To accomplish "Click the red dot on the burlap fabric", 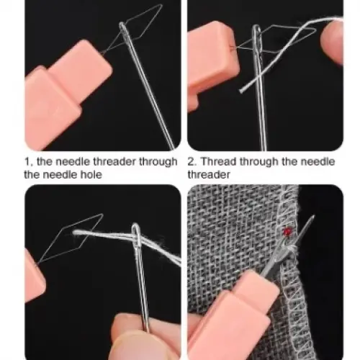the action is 287,231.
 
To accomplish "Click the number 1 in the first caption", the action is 27,161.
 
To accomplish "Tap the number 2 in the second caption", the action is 192,161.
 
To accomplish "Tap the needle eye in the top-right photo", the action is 256,36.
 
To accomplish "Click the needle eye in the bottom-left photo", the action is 136,234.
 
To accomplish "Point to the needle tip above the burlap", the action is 313,216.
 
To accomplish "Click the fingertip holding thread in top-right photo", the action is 333,42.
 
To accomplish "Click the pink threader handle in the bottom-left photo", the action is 34,275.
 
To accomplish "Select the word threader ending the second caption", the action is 209,174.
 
